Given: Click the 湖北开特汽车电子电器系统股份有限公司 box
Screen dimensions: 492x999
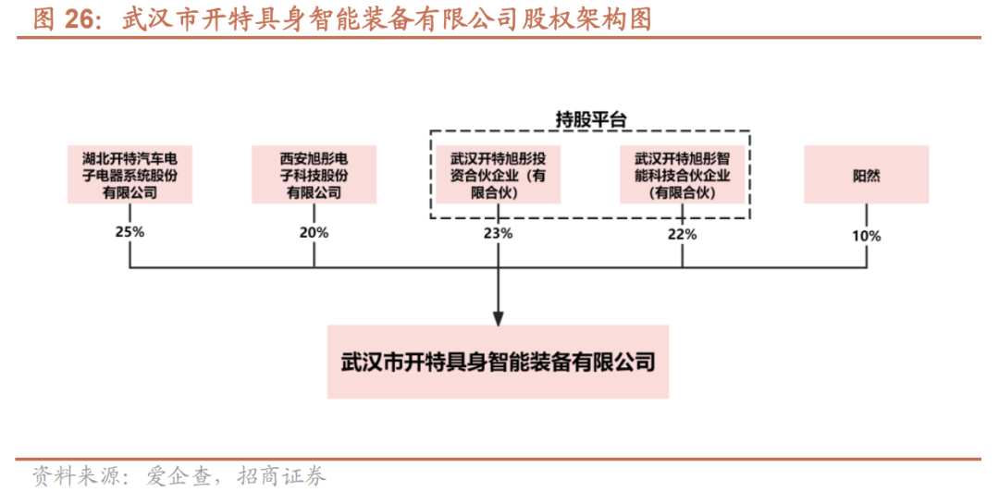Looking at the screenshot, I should pyautogui.click(x=129, y=175).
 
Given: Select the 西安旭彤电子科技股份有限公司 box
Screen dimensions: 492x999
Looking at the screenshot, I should pyautogui.click(x=314, y=175).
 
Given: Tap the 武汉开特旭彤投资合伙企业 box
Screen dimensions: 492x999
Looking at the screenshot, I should pyautogui.click(x=498, y=175).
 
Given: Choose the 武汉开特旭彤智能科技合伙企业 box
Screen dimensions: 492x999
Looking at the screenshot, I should pyautogui.click(x=682, y=175).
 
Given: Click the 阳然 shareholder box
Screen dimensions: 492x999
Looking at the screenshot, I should pyautogui.click(x=866, y=175).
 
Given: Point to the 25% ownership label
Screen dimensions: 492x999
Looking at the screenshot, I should pyautogui.click(x=129, y=232).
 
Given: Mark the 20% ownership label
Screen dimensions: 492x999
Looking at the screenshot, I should pyautogui.click(x=314, y=232).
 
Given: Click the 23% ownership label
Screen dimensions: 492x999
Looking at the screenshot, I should pyautogui.click(x=498, y=233).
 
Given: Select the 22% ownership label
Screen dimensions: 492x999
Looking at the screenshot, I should pyautogui.click(x=682, y=234).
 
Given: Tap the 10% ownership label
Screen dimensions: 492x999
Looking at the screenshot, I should pyautogui.click(x=866, y=236).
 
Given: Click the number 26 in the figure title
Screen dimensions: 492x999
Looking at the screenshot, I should pyautogui.click(x=80, y=19).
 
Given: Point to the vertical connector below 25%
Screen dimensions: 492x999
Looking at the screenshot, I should pyautogui.click(x=129, y=255).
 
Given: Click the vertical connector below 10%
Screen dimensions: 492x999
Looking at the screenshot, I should pyautogui.click(x=866, y=257).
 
